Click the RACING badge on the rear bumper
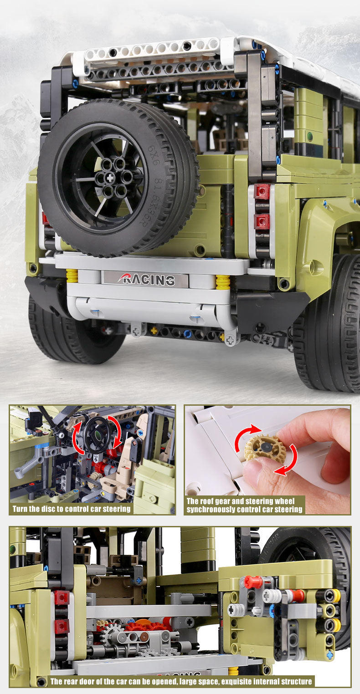click(x=146, y=279)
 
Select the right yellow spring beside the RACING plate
click(x=223, y=282)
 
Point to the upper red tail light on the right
click(x=262, y=191)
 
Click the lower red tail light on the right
click(x=262, y=222)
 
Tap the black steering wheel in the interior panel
click(x=98, y=435)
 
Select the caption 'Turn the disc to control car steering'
click(x=72, y=509)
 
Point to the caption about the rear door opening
click(x=181, y=681)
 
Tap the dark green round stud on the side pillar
click(x=310, y=136)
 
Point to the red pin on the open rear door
click(x=253, y=581)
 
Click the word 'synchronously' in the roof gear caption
click(x=211, y=510)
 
